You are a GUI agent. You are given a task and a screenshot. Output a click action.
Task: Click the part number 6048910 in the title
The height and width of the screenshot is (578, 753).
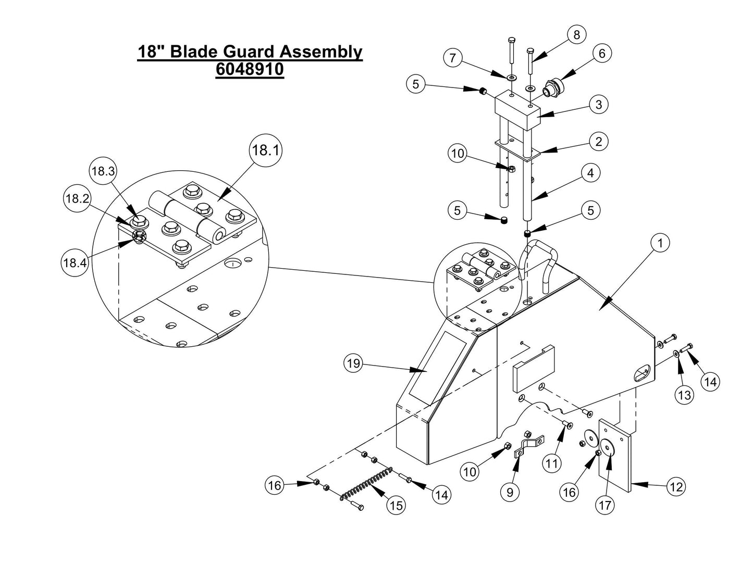tap(250, 69)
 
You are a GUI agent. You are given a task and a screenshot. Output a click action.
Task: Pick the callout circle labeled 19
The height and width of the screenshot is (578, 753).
tap(354, 363)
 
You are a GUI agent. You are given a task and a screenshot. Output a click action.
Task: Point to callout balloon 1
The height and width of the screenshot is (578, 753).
tap(660, 243)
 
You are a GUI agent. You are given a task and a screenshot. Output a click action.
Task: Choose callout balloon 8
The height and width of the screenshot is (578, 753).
tap(576, 34)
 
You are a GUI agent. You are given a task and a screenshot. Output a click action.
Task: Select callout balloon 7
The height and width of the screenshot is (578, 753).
tap(453, 58)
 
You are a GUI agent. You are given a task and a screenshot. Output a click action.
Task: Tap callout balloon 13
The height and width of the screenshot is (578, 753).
tap(684, 395)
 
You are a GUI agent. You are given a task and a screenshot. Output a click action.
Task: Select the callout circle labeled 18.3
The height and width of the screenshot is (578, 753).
tap(103, 171)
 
